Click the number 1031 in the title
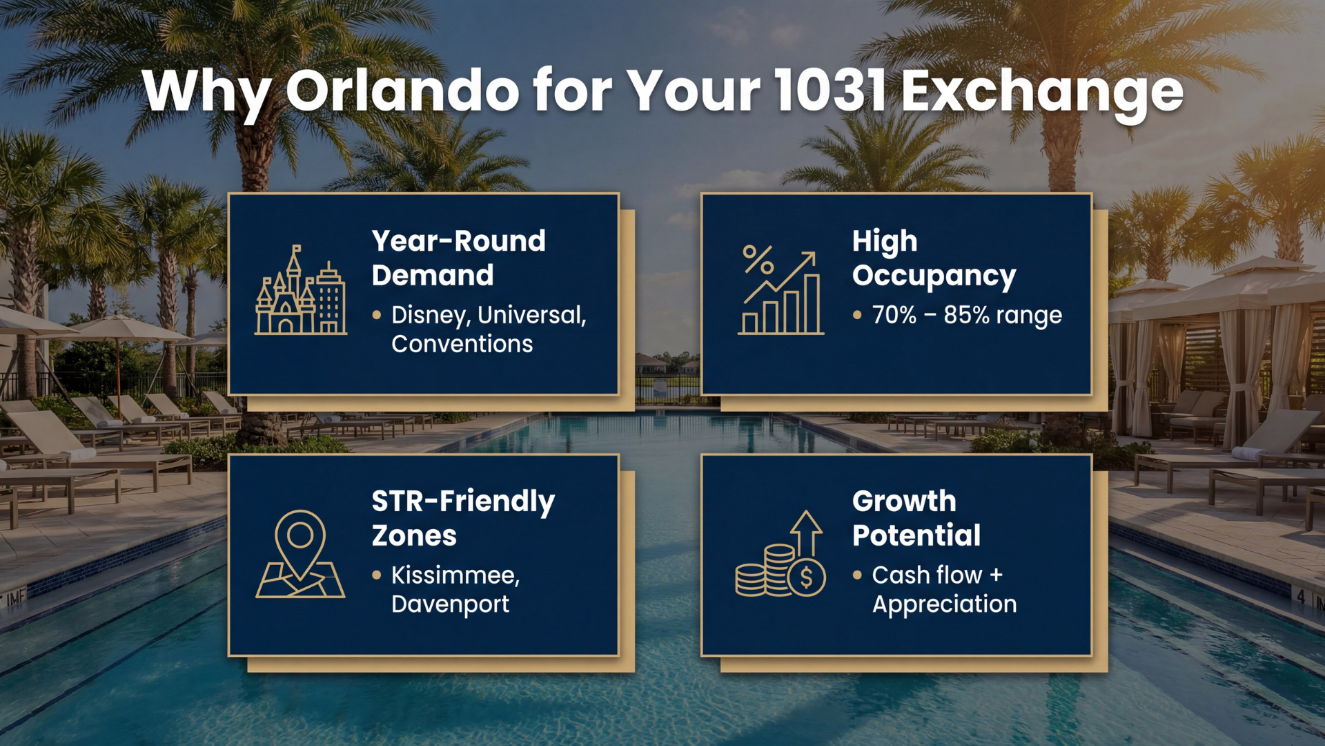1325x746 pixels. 830,90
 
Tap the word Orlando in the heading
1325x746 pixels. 402,90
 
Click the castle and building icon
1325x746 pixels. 301,292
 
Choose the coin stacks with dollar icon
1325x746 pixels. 781,555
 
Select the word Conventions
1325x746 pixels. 462,344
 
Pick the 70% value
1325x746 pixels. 894,315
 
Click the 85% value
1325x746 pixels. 966,315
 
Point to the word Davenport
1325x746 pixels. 450,604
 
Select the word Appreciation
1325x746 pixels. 944,604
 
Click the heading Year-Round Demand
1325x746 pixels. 458,258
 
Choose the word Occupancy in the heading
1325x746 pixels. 934,276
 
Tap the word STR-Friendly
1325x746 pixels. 462,501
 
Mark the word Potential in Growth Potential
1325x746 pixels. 916,535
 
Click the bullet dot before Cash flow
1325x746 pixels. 857,575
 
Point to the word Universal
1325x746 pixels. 531,316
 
